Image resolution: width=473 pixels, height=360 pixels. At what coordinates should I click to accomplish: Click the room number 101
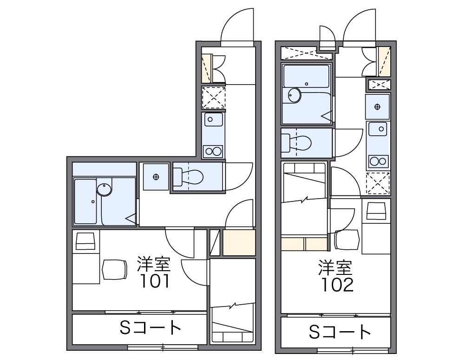tap(154, 281)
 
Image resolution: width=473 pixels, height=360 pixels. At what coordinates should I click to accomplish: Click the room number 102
tap(337, 285)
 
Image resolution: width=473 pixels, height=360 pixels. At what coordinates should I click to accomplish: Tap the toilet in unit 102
tap(296, 143)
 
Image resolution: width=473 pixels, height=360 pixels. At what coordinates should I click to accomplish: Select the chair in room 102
tap(347, 240)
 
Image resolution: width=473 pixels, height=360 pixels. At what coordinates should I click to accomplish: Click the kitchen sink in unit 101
tap(214, 119)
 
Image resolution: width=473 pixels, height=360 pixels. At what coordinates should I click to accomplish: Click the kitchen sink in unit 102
tap(378, 129)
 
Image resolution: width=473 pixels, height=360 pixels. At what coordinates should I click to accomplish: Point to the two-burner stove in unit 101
tap(213, 151)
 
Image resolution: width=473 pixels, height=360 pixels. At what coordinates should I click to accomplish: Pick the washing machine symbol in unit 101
tap(156, 177)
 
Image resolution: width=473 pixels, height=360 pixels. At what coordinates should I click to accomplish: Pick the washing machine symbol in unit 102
tap(377, 107)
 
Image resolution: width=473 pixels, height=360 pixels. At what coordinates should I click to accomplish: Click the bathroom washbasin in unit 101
tap(105, 190)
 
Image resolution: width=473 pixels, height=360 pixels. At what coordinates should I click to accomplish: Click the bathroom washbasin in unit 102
tap(294, 95)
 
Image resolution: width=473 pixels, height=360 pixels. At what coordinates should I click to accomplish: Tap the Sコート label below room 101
tap(150, 328)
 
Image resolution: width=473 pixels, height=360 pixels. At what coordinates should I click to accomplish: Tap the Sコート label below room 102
tap(339, 332)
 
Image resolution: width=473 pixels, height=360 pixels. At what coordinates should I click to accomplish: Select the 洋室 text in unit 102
tap(335, 267)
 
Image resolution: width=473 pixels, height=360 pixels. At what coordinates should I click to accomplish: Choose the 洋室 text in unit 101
tap(154, 264)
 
